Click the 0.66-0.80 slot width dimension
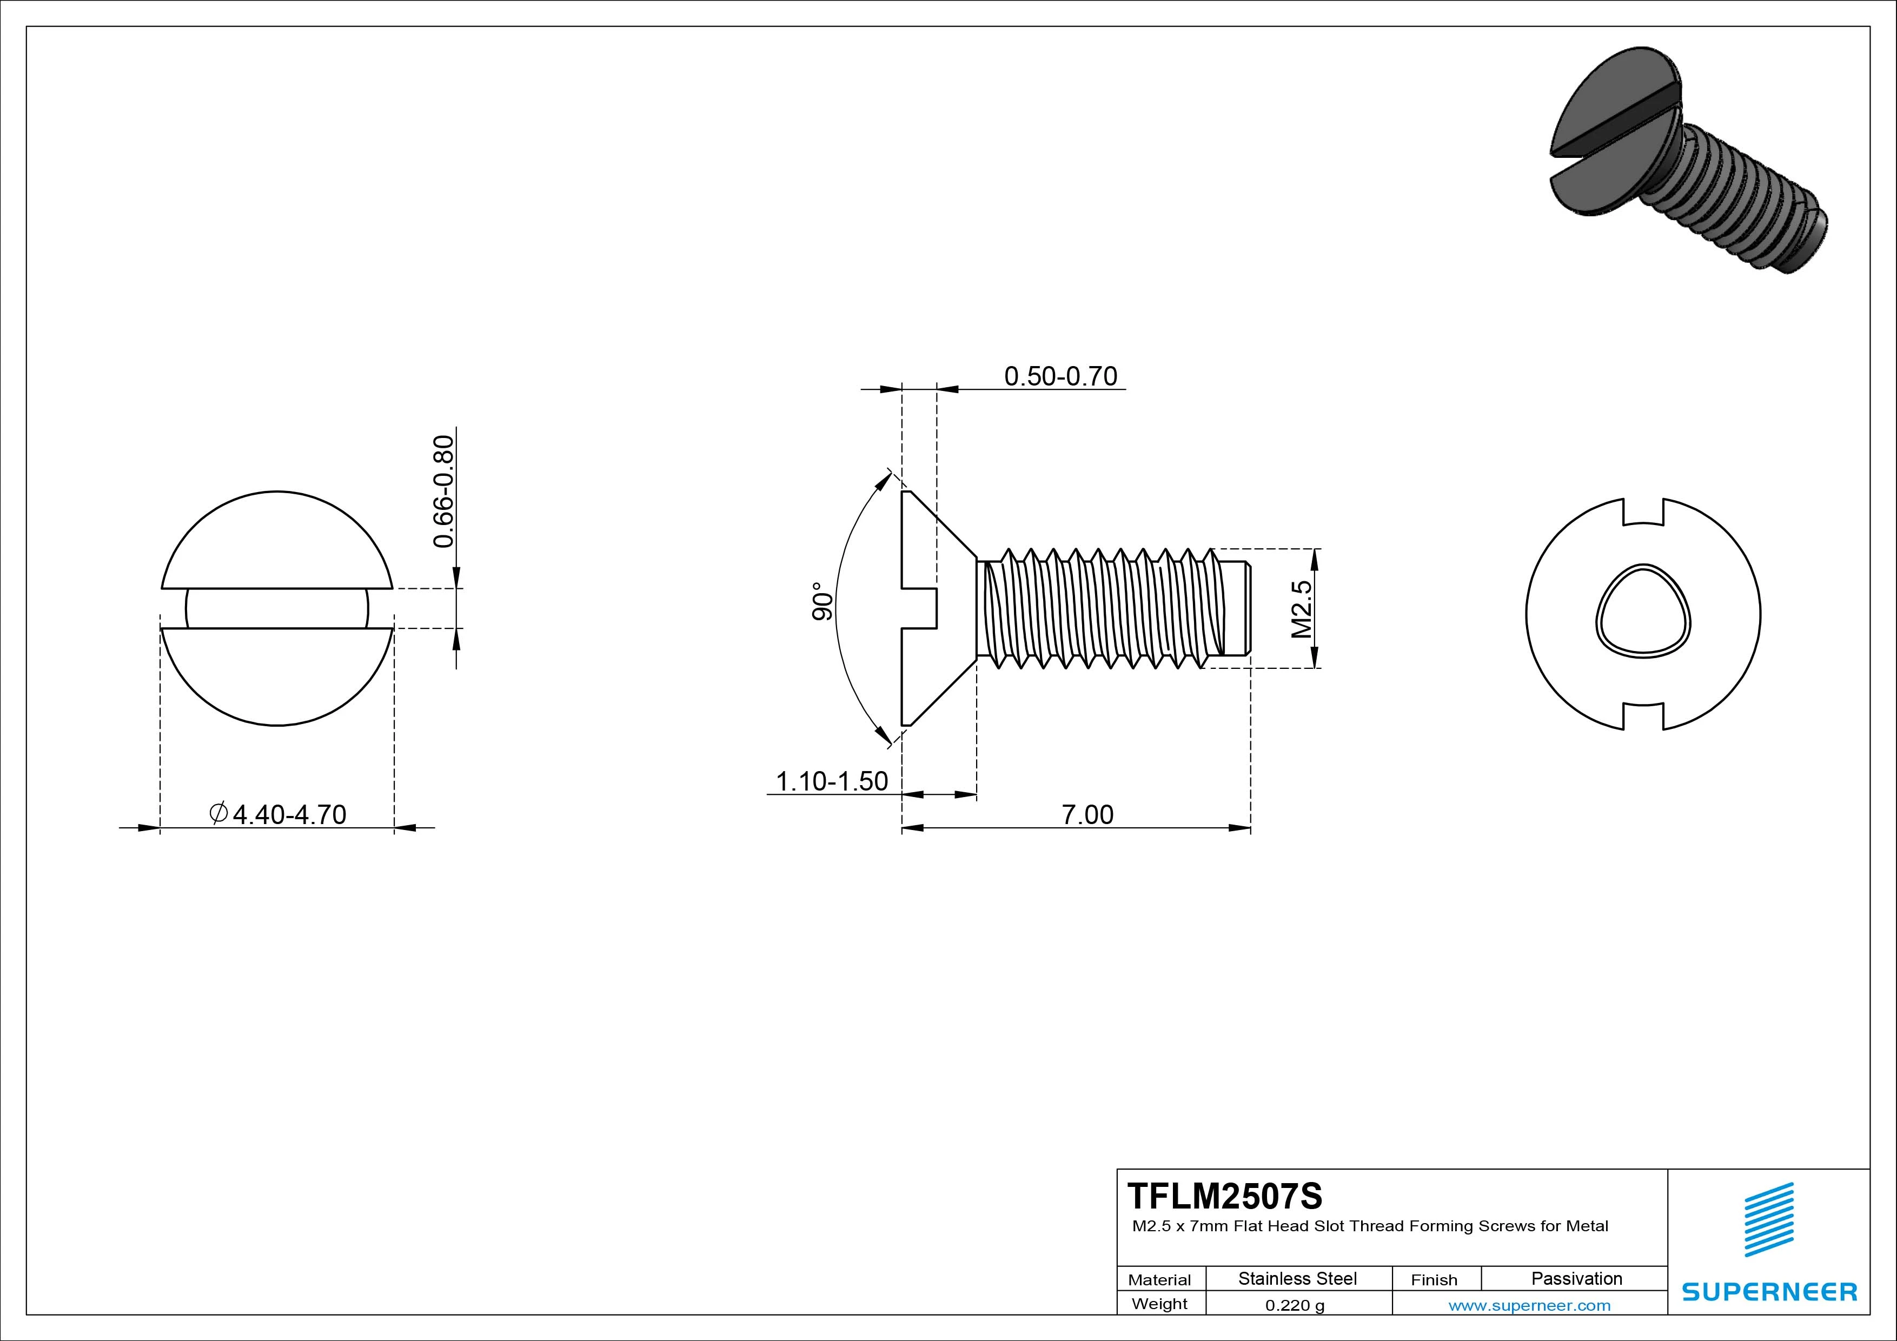pyautogui.click(x=443, y=491)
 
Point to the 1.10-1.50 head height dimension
pyautogui.click(x=831, y=781)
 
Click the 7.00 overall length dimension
pyautogui.click(x=1087, y=815)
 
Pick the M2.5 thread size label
pyautogui.click(x=1301, y=609)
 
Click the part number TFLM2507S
pyautogui.click(x=1224, y=1196)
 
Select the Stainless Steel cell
pyautogui.click(x=1297, y=1278)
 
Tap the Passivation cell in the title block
pyautogui.click(x=1576, y=1278)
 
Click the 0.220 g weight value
pyautogui.click(x=1295, y=1305)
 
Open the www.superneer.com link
pyautogui.click(x=1529, y=1305)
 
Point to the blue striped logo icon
pyautogui.click(x=1769, y=1219)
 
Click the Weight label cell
pyautogui.click(x=1159, y=1304)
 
